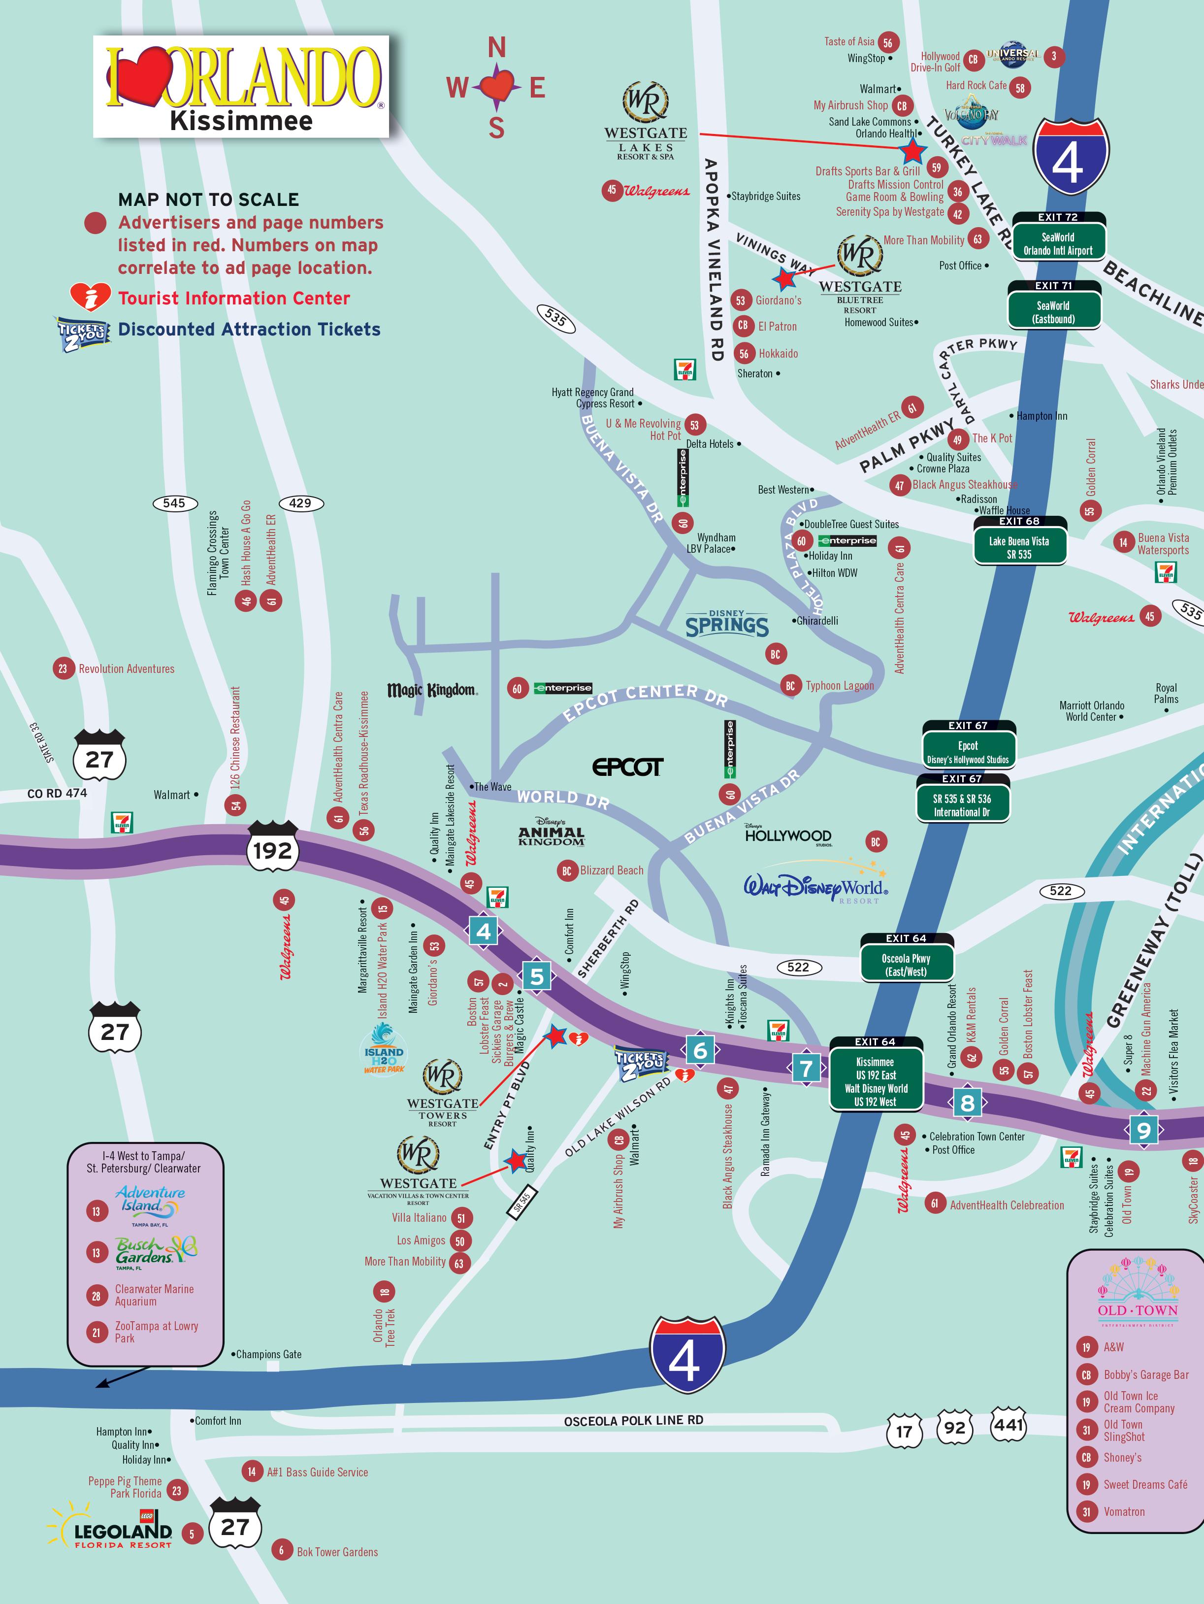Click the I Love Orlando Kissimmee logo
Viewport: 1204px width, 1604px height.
[241, 87]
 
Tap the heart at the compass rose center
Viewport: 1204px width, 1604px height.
[496, 87]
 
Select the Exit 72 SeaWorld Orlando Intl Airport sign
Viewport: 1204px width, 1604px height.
[1058, 237]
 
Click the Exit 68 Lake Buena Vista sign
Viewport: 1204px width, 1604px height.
[1019, 542]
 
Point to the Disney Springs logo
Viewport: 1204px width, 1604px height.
[727, 624]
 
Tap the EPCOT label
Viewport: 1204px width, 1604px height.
[627, 767]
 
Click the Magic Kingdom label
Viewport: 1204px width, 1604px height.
[432, 690]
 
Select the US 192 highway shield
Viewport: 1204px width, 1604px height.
[272, 849]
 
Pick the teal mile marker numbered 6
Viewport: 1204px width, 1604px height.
[699, 1050]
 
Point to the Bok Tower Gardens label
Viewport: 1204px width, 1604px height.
[337, 1552]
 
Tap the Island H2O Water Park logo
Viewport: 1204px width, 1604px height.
[384, 1049]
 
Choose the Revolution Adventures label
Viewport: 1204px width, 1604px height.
[126, 668]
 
